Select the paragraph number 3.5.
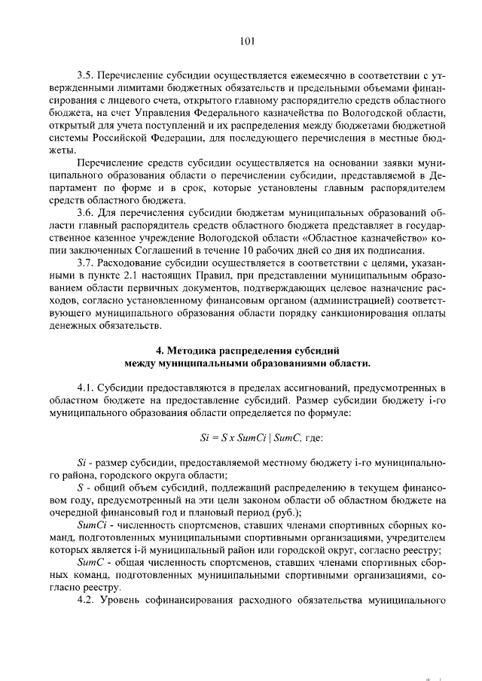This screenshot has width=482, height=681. click(87, 76)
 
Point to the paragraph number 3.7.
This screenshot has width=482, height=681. click(87, 263)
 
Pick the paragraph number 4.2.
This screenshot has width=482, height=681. click(87, 601)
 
